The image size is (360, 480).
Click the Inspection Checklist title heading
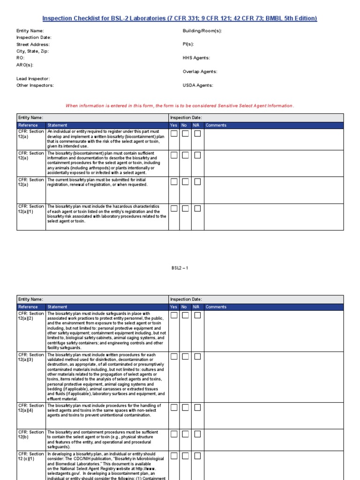pyautogui.click(x=180, y=18)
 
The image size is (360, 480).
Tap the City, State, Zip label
pyautogui.click(x=32, y=51)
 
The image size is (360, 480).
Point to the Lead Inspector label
pyautogui.click(x=33, y=79)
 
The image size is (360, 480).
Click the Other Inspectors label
pyautogui.click(x=35, y=85)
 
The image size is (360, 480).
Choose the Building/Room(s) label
pyautogui.click(x=202, y=31)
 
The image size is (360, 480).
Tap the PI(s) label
pyautogui.click(x=188, y=45)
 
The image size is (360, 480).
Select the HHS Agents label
pyautogui.click(x=196, y=58)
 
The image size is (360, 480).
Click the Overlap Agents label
pyautogui.click(x=200, y=72)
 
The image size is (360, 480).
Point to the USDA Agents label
pyautogui.click(x=198, y=85)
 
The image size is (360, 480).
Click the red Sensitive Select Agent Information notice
pyautogui.click(x=180, y=106)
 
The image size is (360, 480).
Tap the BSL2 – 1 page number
pyautogui.click(x=180, y=268)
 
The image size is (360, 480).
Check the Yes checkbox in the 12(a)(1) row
pyautogui.click(x=174, y=208)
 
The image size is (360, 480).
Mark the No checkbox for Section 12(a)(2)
pyautogui.click(x=186, y=315)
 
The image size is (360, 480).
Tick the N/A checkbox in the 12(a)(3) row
pyautogui.click(x=197, y=357)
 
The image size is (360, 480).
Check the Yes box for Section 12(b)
pyautogui.click(x=174, y=434)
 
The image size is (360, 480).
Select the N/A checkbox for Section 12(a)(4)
pyautogui.click(x=197, y=407)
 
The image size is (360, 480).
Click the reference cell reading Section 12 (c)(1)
pyautogui.click(x=31, y=457)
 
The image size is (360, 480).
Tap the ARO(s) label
pyautogui.click(x=25, y=65)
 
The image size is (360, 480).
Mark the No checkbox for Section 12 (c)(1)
pyautogui.click(x=186, y=456)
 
